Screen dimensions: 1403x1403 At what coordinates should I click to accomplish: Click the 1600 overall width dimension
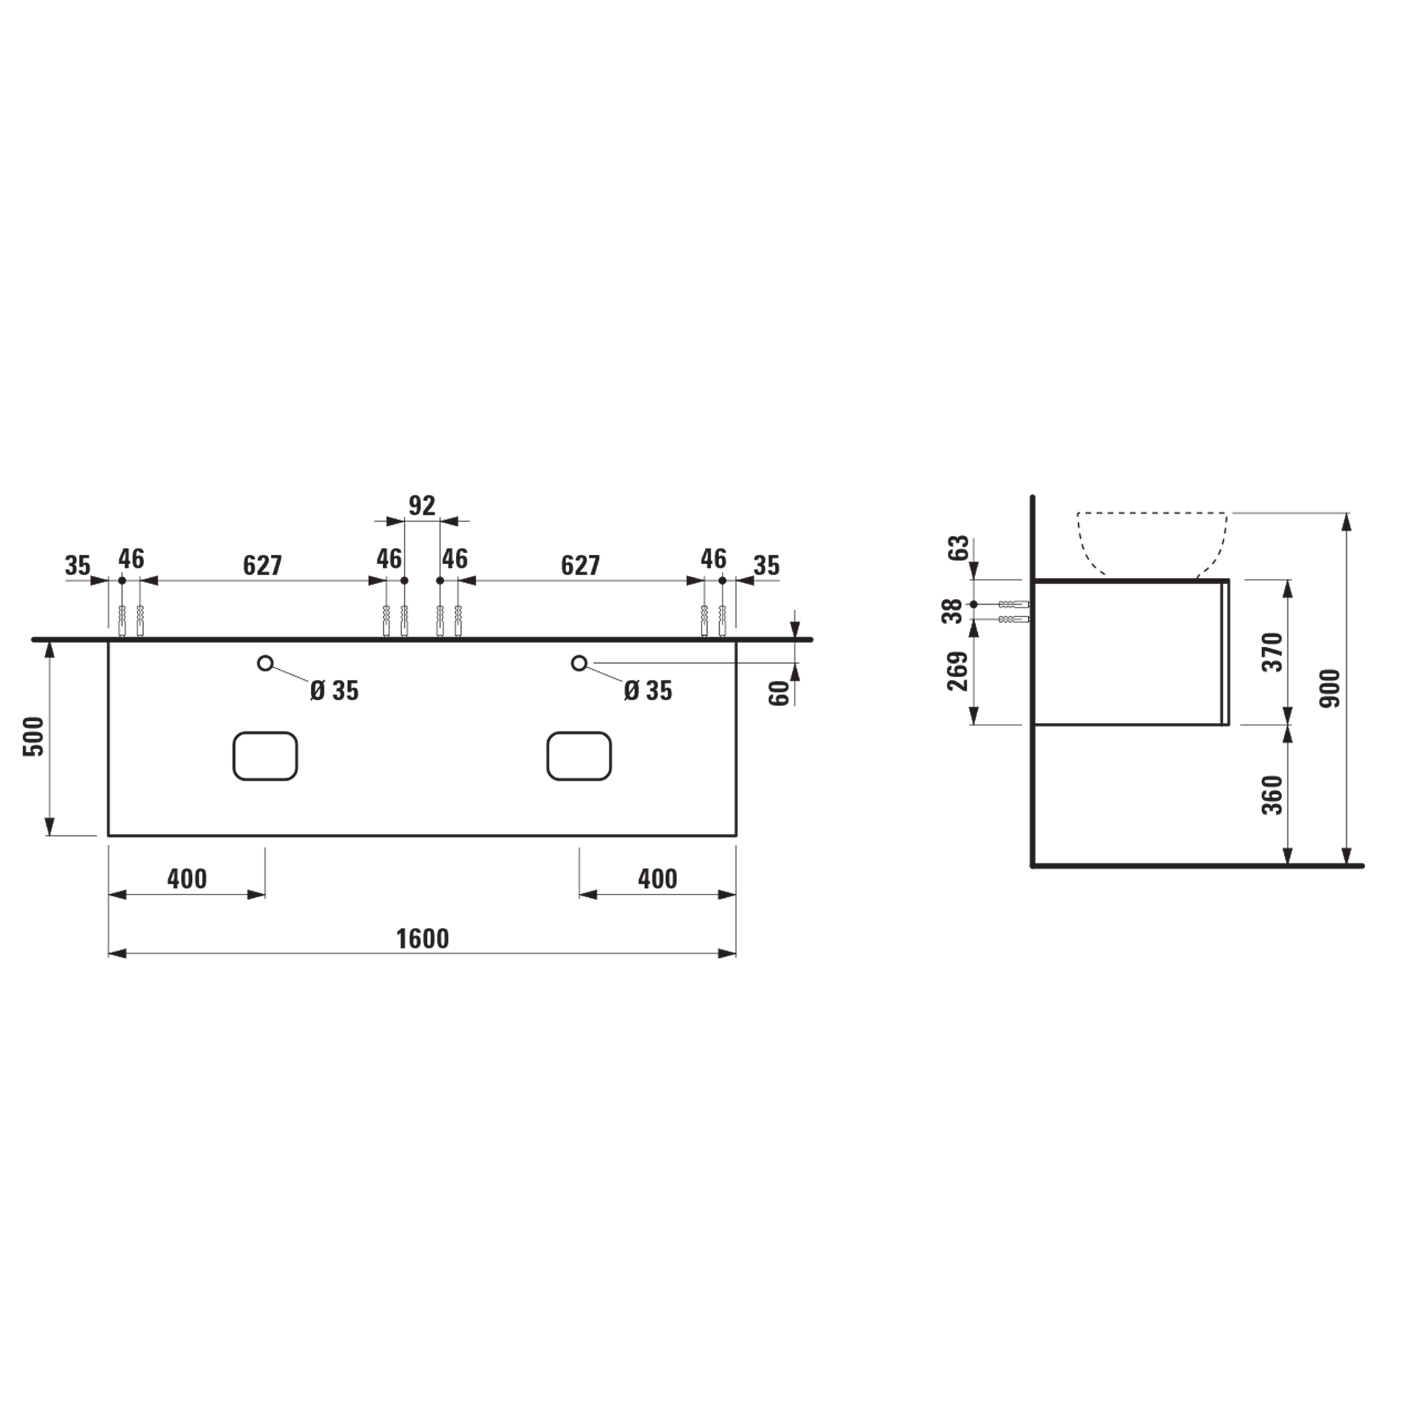pos(422,939)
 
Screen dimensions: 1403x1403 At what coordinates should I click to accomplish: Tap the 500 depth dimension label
pos(34,737)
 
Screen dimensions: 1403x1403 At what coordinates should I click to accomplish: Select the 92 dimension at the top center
pos(421,505)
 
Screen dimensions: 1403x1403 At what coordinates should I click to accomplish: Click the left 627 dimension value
pos(262,565)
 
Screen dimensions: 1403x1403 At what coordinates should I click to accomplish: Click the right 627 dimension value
pos(579,565)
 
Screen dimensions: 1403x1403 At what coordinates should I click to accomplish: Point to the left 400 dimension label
pos(187,879)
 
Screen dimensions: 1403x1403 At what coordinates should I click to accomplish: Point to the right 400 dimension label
pos(657,879)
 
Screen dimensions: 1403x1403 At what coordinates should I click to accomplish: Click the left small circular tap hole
pos(265,663)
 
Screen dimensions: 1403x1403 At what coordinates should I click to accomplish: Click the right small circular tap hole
pos(579,663)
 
